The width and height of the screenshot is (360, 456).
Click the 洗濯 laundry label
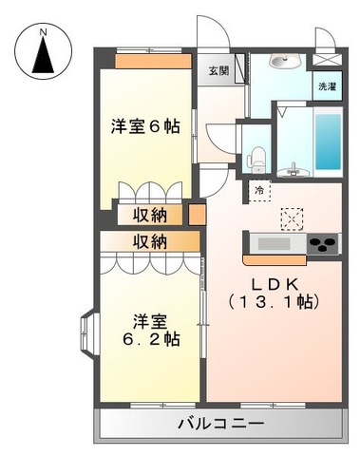(x=327, y=86)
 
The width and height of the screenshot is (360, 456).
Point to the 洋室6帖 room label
(x=146, y=124)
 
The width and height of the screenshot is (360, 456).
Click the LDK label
(x=275, y=284)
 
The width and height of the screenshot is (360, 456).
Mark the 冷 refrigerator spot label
(x=259, y=191)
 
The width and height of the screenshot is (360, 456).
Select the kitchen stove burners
(x=323, y=244)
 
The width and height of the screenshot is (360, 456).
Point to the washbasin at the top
(x=284, y=62)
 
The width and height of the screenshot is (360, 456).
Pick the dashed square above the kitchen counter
(x=293, y=218)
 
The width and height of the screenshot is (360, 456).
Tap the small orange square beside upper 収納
(x=197, y=214)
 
